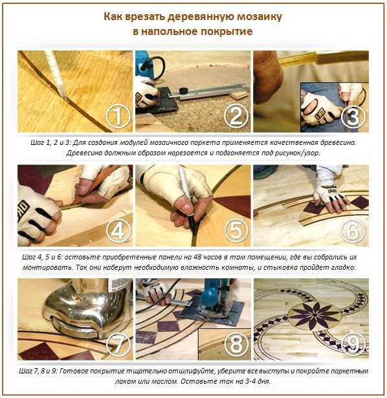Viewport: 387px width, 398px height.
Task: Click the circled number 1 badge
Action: [x=118, y=116]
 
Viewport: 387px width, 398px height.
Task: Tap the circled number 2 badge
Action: [x=236, y=116]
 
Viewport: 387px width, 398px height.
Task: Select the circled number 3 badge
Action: [x=353, y=116]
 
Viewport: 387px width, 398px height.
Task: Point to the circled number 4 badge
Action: [x=118, y=231]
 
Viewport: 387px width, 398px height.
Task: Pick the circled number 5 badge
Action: [x=236, y=231]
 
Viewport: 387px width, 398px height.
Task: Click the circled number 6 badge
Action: [x=353, y=231]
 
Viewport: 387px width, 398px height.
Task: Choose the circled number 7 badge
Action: [x=118, y=344]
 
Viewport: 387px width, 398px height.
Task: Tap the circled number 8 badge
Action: [x=236, y=344]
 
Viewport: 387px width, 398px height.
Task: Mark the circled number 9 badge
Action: [x=353, y=344]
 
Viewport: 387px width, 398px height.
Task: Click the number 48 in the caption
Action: [x=197, y=257]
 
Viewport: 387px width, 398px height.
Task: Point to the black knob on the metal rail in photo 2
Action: [x=183, y=90]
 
